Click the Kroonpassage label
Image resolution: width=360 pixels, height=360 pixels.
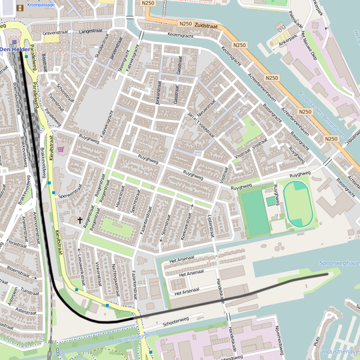[x=41, y=5]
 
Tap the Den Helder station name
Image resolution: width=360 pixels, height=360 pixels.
[x=13, y=49]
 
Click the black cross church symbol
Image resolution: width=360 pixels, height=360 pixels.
[x=81, y=219]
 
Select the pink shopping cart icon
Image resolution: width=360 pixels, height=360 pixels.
[x=61, y=149]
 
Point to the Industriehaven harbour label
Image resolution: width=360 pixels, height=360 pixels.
[x=340, y=351]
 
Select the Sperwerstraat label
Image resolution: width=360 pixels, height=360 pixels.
[x=69, y=195]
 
